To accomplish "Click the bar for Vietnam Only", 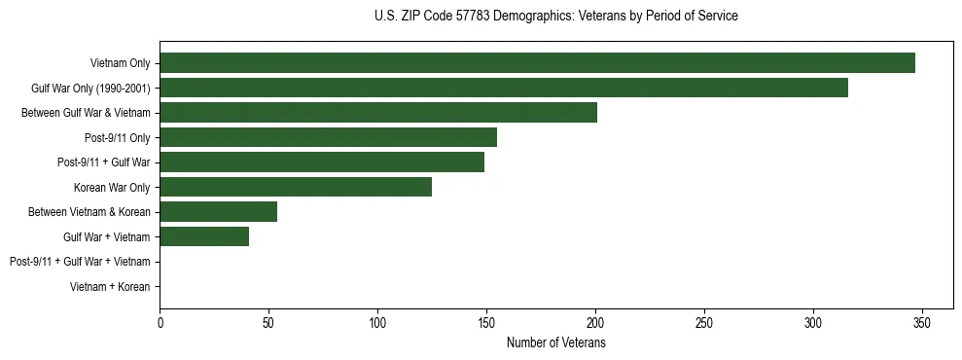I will [537, 63].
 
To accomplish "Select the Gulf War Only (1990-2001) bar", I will [504, 89].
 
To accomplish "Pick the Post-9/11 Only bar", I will [329, 137].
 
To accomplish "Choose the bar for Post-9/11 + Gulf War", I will [322, 162].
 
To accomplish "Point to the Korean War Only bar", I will [296, 187].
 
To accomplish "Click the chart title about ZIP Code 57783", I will [555, 16].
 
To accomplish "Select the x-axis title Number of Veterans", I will [555, 343].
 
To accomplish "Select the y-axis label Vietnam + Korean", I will [110, 287].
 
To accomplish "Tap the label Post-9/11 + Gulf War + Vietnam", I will [80, 262].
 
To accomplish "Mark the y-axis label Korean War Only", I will [112, 187].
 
